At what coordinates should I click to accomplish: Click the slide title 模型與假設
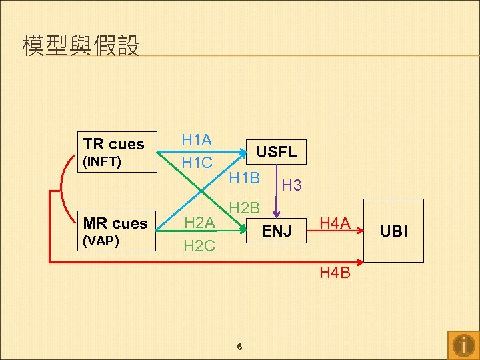pyautogui.click(x=81, y=47)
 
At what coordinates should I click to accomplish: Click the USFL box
pyautogui.click(x=277, y=152)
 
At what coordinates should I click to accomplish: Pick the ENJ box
pyautogui.click(x=277, y=231)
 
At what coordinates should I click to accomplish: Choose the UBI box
pyautogui.click(x=393, y=231)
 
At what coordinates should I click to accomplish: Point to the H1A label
pyautogui.click(x=197, y=140)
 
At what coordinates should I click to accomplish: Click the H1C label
pyautogui.click(x=197, y=163)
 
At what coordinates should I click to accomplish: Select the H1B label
pyautogui.click(x=244, y=178)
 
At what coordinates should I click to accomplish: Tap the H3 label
pyautogui.click(x=291, y=186)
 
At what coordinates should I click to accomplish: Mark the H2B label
pyautogui.click(x=244, y=208)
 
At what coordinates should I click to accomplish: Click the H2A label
pyautogui.click(x=199, y=223)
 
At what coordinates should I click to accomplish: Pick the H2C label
pyautogui.click(x=199, y=246)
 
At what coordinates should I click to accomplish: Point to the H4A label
pyautogui.click(x=335, y=223)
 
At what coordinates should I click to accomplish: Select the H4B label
pyautogui.click(x=335, y=273)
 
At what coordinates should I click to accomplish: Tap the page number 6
pyautogui.click(x=239, y=347)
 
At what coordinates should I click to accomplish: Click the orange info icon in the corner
pyautogui.click(x=463, y=345)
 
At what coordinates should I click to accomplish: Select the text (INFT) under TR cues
pyautogui.click(x=102, y=161)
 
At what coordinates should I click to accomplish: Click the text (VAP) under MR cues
pyautogui.click(x=101, y=240)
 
